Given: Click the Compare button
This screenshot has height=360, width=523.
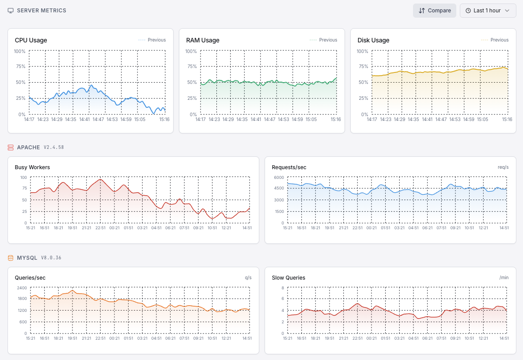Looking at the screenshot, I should click(x=434, y=11).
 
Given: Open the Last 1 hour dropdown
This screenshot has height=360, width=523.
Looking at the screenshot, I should click(x=488, y=11).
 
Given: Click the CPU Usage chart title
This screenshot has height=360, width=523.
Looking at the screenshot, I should click(x=31, y=40).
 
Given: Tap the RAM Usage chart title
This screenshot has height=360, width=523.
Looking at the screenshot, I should click(x=203, y=40).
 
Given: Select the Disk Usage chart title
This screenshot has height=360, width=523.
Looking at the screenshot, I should click(x=373, y=40).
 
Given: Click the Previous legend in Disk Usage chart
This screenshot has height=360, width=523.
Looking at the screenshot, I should click(x=495, y=40).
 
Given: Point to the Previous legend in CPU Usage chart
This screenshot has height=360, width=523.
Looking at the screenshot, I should click(x=152, y=40).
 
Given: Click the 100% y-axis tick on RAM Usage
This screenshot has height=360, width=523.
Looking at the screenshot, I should click(x=191, y=51).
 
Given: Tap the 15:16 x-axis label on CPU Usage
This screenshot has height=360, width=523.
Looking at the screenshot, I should click(x=164, y=119).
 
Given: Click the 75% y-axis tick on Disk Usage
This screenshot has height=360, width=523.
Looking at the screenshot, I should click(x=362, y=67).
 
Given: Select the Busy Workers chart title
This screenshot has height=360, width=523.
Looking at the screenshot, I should click(x=32, y=167).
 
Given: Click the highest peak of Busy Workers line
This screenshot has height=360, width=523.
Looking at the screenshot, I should click(x=101, y=179).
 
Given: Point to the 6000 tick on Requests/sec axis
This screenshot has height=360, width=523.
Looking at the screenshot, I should click(x=279, y=177).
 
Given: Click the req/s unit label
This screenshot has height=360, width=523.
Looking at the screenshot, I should click(x=503, y=167).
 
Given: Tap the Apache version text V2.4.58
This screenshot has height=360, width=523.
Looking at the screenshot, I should click(x=53, y=148).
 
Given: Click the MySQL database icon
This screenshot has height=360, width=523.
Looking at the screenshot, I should click(x=11, y=258).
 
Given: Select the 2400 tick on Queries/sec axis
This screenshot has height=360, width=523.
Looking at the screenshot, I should click(x=22, y=288).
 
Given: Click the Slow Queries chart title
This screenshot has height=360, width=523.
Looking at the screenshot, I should click(x=288, y=278).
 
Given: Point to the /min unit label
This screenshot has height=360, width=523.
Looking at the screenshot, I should click(x=504, y=278).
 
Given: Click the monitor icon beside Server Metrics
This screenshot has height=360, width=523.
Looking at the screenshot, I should click(x=11, y=11).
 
